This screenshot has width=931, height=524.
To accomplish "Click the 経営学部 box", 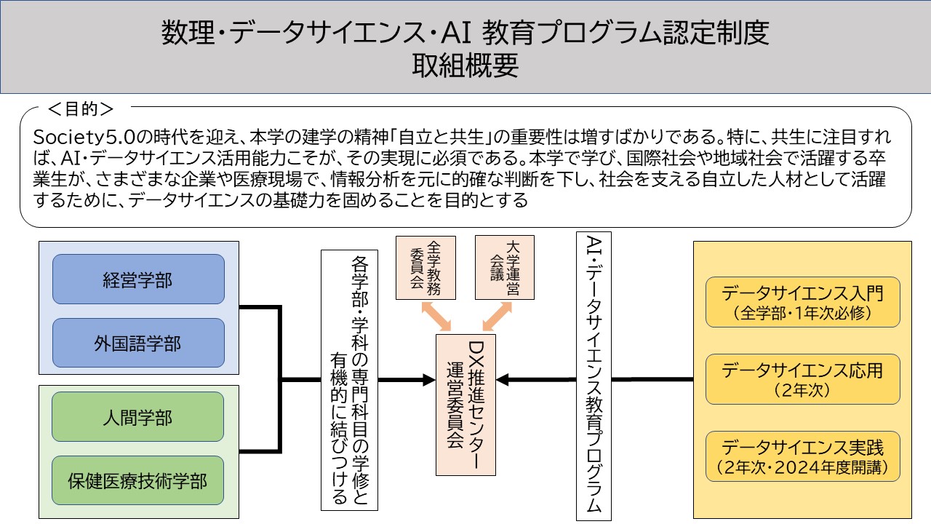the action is coord(138,279).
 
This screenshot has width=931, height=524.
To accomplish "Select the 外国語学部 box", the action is coord(138,343).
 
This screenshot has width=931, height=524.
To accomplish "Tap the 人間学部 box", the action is coord(137,417).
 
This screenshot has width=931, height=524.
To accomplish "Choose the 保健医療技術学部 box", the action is coord(137,480).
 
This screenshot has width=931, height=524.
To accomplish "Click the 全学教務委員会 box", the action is coord(425,268).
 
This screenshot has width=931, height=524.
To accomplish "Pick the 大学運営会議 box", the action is coord(505,267).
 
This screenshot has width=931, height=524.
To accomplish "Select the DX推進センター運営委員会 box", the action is coord(465,405).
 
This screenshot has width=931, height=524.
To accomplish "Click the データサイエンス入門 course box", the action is coord(802,302).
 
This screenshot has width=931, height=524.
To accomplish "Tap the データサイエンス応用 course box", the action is coord(802,379).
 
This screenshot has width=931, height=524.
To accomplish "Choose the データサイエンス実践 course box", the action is coord(802,456).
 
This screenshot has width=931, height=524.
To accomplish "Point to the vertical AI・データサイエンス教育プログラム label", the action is coord(594,376).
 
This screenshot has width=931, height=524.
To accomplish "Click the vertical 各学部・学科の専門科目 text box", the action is coord(349,380).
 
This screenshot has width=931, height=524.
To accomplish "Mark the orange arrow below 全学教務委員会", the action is coord(436,317).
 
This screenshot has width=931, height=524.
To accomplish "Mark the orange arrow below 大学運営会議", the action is coord(497,317).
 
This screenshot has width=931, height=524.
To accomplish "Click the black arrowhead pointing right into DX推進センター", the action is coord(429,380).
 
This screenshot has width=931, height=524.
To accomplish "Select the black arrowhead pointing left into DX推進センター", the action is coord(503,380).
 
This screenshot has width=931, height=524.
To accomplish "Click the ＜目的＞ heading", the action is coord(81,109).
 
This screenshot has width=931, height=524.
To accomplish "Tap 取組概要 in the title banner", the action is coord(465,65).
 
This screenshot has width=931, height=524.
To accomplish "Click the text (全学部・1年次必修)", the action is coord(802,313).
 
